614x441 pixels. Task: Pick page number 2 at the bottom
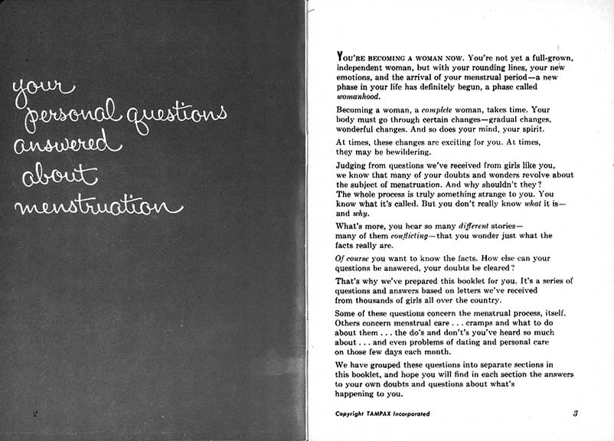click(35, 414)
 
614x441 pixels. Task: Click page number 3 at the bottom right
click(574, 413)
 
